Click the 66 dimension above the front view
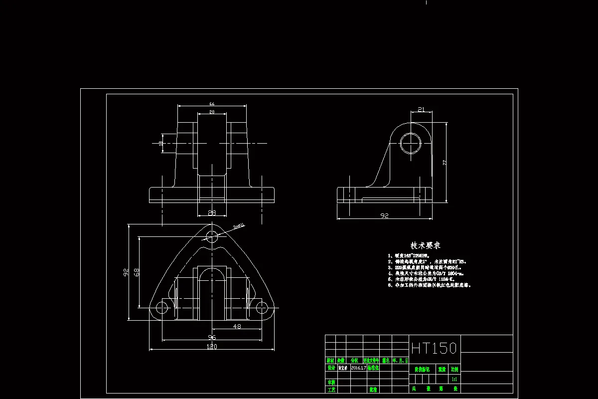[x=212, y=103]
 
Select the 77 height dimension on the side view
[x=444, y=163]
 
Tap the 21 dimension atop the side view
[x=421, y=109]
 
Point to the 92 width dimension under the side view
[x=384, y=215]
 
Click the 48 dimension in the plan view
[x=237, y=326]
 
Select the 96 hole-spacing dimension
[x=212, y=337]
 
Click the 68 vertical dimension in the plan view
[x=136, y=272]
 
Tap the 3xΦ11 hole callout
[x=239, y=226]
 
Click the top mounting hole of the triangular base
[x=212, y=236]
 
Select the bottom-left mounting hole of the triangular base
[x=162, y=308]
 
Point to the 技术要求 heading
[x=425, y=246]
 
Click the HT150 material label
[x=434, y=348]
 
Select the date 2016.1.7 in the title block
[x=358, y=368]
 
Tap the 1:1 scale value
[x=454, y=379]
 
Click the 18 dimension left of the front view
[x=160, y=143]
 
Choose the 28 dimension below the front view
[x=212, y=213]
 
